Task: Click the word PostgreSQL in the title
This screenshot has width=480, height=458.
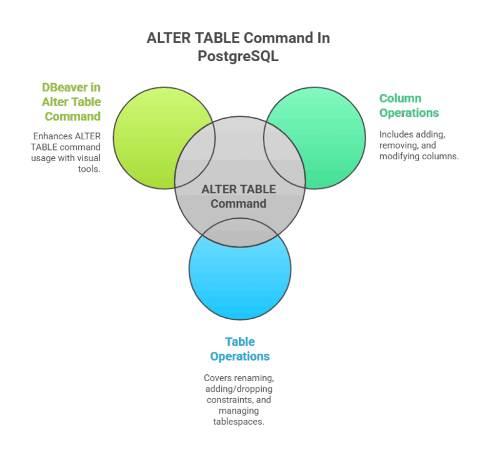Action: coord(239,56)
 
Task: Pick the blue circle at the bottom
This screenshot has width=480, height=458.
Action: coord(240,281)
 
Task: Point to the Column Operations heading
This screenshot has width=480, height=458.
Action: coord(409,106)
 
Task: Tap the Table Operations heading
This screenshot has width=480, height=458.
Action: coord(240,349)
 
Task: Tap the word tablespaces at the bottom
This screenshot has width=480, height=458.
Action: coord(240,422)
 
